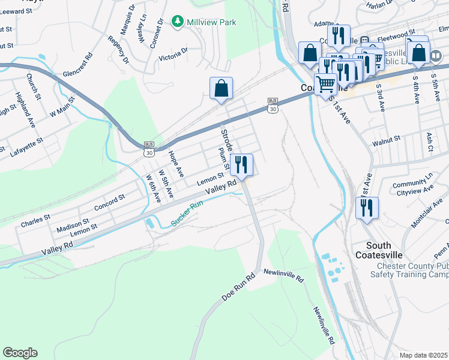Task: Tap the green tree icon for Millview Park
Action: [178, 22]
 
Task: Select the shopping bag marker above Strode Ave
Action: [221, 89]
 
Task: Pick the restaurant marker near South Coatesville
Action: [364, 208]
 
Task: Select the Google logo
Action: [20, 353]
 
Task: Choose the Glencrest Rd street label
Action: [77, 65]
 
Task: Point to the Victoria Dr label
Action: [173, 55]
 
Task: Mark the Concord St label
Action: [109, 200]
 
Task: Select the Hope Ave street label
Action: [176, 163]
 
